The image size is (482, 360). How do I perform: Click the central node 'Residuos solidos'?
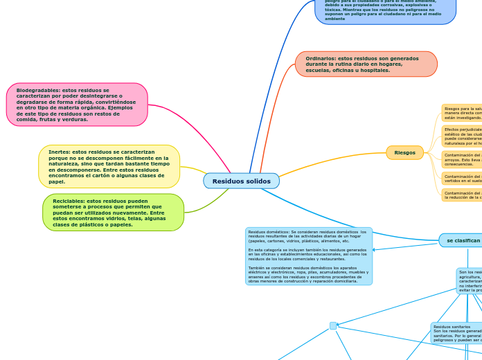click(x=241, y=181)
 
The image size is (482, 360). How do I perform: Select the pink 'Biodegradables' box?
click(x=77, y=105)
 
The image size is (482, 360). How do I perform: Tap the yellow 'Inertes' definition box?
click(x=109, y=166)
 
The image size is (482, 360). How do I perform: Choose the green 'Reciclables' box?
click(x=113, y=213)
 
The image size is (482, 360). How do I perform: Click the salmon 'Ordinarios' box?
click(x=366, y=64)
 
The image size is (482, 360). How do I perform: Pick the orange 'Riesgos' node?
click(x=404, y=152)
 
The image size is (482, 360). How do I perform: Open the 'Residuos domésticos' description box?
click(x=308, y=256)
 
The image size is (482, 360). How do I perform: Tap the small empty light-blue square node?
click(x=333, y=325)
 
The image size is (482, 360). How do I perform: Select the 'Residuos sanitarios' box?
click(x=456, y=333)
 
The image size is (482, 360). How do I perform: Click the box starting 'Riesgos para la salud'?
click(x=462, y=113)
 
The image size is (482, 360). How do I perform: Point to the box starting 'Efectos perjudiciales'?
click(x=462, y=136)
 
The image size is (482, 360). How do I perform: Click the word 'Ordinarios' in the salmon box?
click(x=320, y=58)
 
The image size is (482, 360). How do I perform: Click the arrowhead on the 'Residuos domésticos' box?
click(x=374, y=249)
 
